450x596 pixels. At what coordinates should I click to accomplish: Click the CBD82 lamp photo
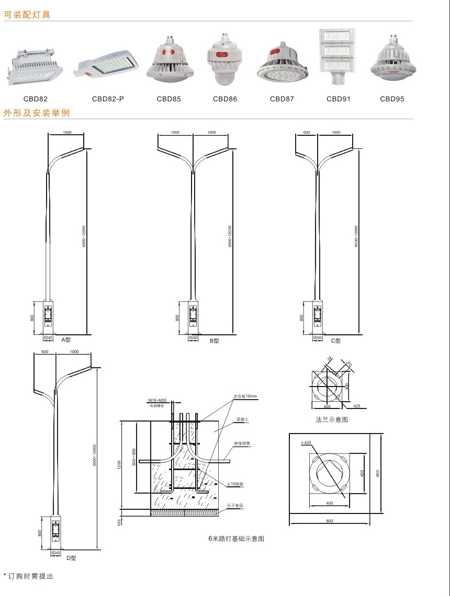pos(35,67)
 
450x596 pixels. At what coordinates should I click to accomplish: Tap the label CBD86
pos(225,99)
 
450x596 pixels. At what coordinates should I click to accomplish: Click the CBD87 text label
pos(282,99)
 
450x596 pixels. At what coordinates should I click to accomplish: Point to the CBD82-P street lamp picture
pos(108,65)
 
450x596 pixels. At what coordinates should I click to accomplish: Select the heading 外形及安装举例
pos(37,113)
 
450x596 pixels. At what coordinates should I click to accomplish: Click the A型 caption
pos(66,340)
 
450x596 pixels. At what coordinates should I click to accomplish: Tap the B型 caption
pos(214,341)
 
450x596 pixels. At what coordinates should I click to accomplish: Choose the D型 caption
pos(71,558)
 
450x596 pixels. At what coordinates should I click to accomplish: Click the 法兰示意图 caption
pos(332,419)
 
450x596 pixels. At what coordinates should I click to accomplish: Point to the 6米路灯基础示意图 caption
pos(237,539)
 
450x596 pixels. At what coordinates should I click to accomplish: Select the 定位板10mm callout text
pos(245,396)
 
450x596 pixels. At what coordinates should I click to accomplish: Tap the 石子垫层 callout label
pos(235,506)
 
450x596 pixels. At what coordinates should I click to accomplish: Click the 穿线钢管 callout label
pos(242,443)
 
